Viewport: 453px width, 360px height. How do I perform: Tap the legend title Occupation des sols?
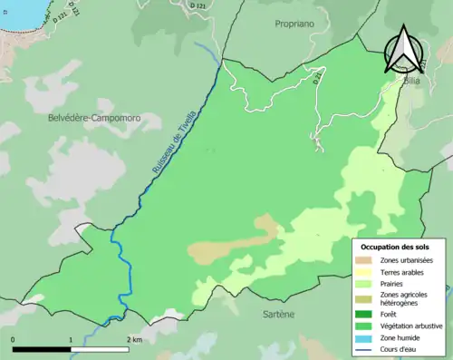click(x=395, y=247)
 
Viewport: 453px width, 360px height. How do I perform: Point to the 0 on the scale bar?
click(x=14, y=339)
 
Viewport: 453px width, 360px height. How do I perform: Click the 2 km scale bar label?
click(x=134, y=339)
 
